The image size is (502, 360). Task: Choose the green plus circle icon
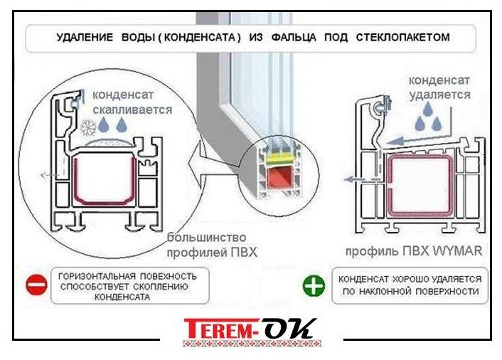(x=314, y=286)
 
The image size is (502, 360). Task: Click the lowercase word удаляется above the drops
(x=438, y=94)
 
